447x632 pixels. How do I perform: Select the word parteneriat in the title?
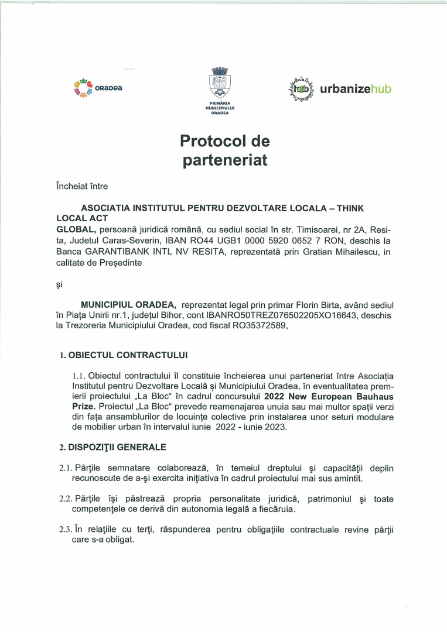[x=225, y=160]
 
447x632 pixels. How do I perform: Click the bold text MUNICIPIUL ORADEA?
[x=128, y=305]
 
